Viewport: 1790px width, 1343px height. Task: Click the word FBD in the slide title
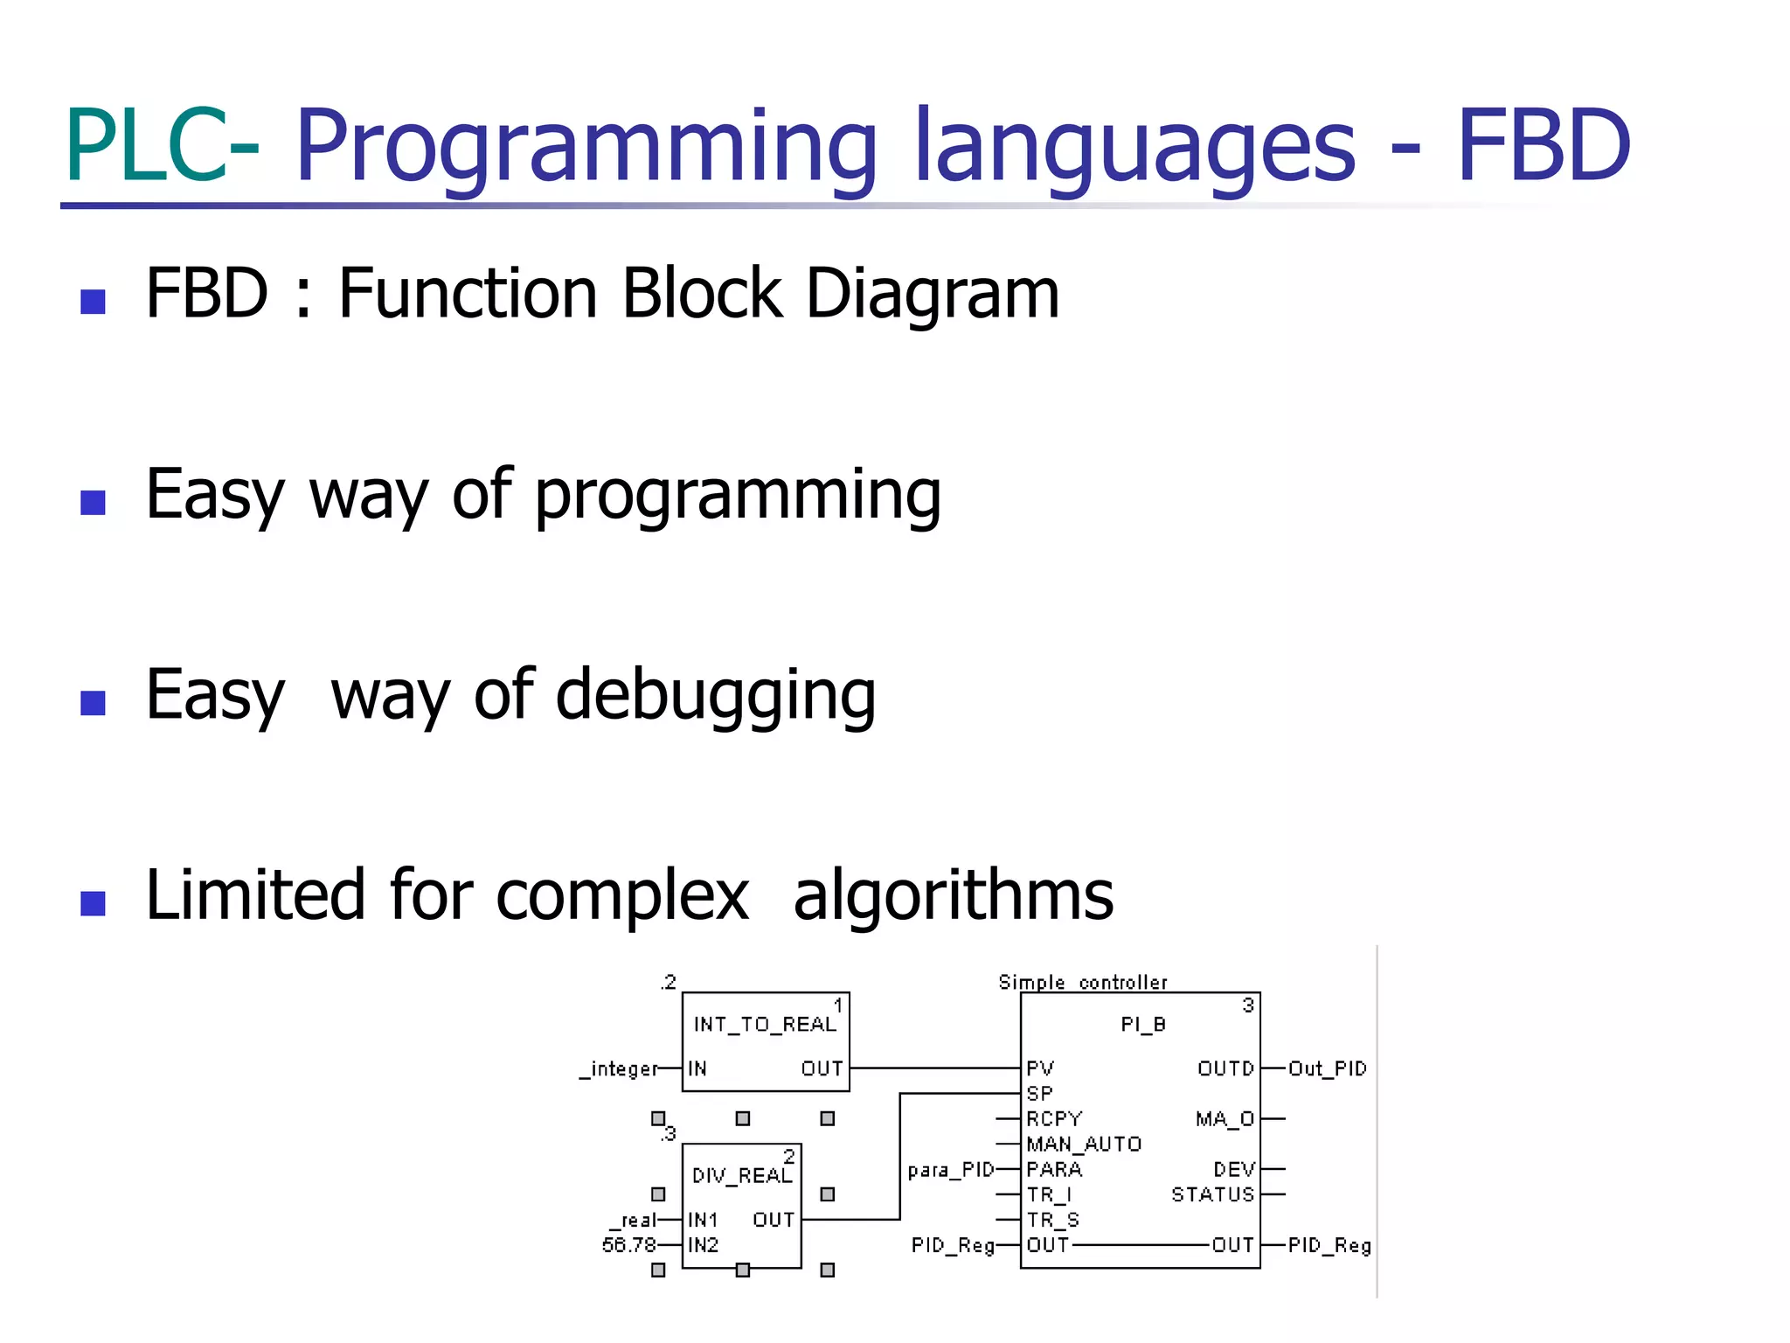[1543, 145]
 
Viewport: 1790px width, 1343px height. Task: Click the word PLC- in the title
[162, 145]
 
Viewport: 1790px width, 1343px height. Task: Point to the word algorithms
[953, 896]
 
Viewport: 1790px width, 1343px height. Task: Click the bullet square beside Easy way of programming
[93, 502]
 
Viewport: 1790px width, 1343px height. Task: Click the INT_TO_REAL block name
[765, 1024]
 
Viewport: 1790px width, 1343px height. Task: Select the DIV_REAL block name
[741, 1176]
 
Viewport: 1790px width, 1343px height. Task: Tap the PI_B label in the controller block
[1143, 1024]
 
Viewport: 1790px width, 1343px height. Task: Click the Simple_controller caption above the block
[1082, 983]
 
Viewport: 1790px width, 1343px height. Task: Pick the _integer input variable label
[619, 1068]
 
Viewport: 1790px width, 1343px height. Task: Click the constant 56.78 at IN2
[628, 1245]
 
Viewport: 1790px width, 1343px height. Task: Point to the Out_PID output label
[1327, 1068]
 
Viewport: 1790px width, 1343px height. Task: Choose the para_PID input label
[951, 1170]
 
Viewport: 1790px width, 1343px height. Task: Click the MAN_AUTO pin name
[1084, 1145]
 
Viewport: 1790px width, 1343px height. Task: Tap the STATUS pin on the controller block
[1212, 1194]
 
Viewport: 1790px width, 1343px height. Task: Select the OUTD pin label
[1225, 1068]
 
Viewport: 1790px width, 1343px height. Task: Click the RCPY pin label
[1054, 1119]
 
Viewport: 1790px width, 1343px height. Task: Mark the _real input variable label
[635, 1221]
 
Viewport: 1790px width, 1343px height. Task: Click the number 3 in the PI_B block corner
[1248, 1006]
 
